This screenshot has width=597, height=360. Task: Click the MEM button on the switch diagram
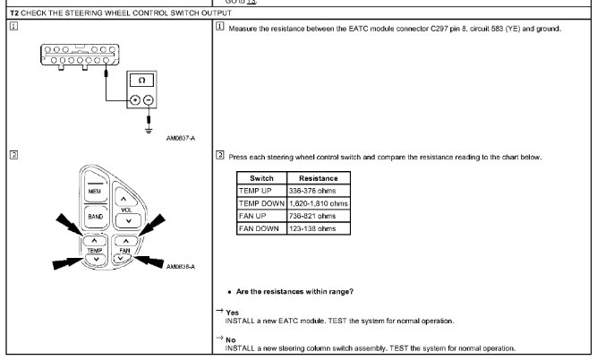click(94, 193)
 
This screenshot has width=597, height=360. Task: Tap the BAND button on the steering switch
click(94, 216)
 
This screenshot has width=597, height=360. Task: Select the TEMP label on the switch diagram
click(95, 252)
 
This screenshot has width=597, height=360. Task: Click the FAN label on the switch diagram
click(125, 252)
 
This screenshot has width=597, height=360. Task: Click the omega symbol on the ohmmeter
click(135, 81)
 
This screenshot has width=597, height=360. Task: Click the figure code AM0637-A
click(181, 138)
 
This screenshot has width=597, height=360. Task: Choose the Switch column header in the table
click(261, 178)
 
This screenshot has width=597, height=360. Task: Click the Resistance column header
click(318, 178)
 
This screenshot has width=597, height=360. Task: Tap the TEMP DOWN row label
click(260, 203)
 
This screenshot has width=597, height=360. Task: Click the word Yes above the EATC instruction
click(232, 312)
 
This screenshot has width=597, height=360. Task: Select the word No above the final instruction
click(231, 339)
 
